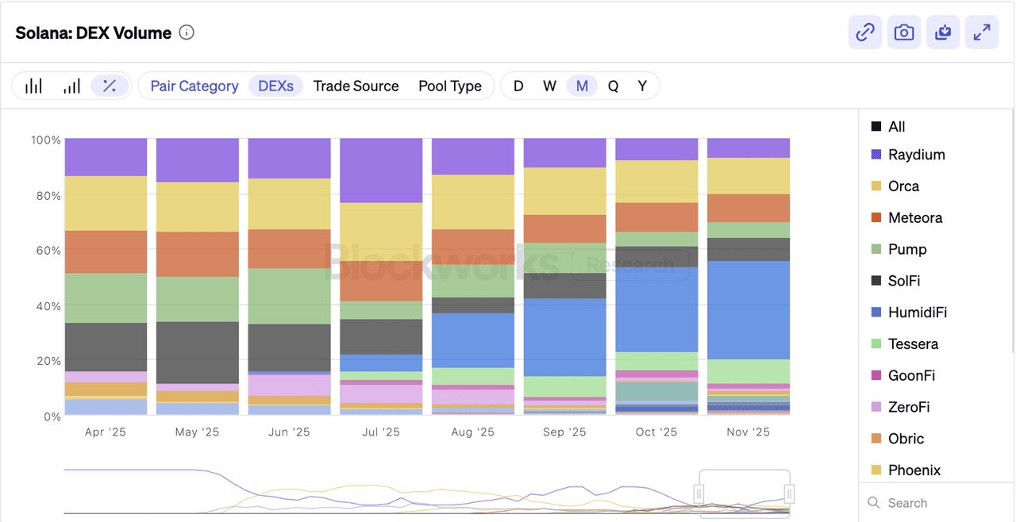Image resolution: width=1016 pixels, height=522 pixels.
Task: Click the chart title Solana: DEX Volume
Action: coord(94,33)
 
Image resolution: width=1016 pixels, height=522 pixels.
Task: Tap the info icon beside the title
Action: coord(187,33)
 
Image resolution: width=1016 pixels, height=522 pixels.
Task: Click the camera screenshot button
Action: coord(904,33)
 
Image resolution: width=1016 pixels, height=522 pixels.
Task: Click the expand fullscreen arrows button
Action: coord(982,33)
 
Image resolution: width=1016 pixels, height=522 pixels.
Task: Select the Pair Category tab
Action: coord(194,86)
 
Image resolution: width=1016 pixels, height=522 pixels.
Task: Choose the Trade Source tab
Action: coord(356,86)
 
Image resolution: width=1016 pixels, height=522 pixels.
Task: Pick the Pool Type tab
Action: coord(450,86)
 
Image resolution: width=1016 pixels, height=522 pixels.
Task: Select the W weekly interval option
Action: coord(549,86)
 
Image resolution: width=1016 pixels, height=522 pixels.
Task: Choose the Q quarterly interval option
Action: coord(613,86)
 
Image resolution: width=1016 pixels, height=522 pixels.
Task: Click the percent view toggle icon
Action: coord(110,86)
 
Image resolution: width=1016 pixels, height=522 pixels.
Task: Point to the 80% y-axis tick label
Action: coord(48,196)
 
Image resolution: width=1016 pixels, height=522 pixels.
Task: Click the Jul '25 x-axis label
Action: coord(381,432)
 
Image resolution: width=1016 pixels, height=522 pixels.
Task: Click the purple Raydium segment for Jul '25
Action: coord(381,171)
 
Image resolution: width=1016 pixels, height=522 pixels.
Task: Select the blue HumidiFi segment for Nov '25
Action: coord(749,310)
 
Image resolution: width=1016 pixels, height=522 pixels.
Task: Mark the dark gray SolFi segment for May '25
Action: coord(198,352)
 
